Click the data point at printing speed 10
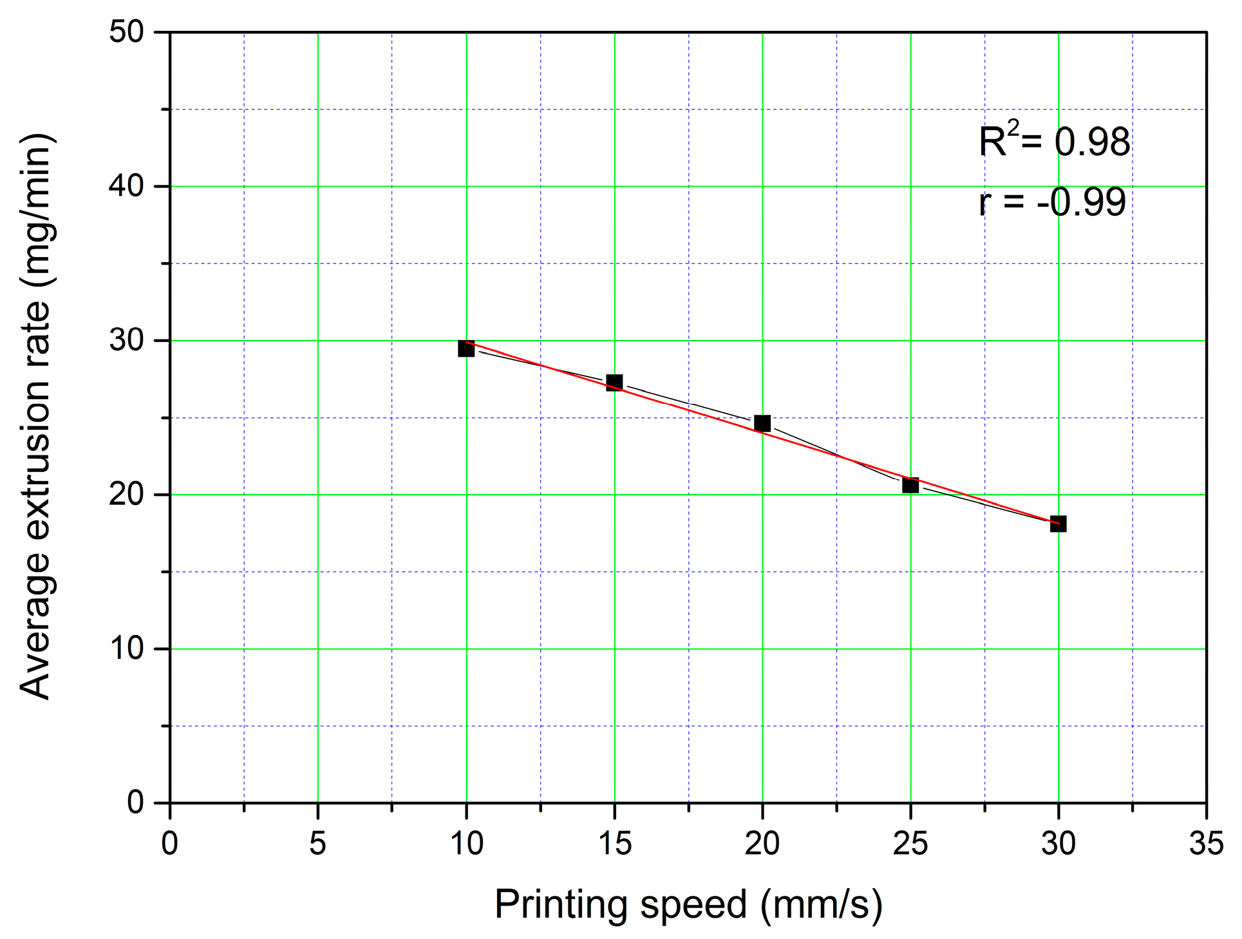tap(466, 348)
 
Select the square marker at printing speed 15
tap(614, 383)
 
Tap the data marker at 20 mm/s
tap(762, 423)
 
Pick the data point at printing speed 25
tap(910, 485)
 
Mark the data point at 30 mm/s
tap(1059, 524)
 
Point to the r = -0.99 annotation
tap(1052, 202)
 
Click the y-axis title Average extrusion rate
tap(37, 417)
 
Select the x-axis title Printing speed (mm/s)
tap(688, 904)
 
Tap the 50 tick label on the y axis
tap(126, 32)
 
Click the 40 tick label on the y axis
tap(126, 186)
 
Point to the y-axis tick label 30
tap(126, 340)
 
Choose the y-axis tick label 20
tap(126, 495)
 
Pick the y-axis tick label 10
tap(126, 649)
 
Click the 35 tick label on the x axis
tap(1206, 843)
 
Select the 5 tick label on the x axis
tap(318, 843)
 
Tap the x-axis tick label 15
tap(614, 843)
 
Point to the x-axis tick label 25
tap(910, 843)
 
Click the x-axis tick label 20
tap(762, 843)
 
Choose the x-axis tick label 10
tap(466, 843)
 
